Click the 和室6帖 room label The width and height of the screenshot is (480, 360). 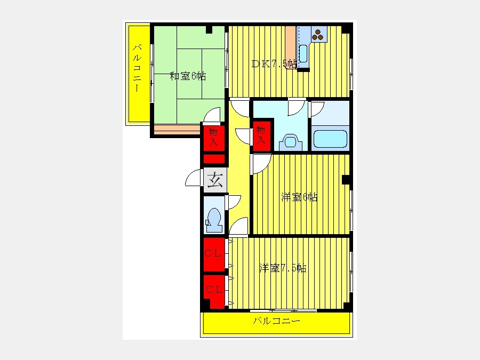[x=188, y=76]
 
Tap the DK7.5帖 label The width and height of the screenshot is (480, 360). [x=274, y=63]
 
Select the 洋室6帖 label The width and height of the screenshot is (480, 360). [x=299, y=197]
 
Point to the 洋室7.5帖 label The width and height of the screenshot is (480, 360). [x=282, y=268]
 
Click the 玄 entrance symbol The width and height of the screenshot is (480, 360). [x=215, y=180]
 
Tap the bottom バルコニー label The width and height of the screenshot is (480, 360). [x=276, y=321]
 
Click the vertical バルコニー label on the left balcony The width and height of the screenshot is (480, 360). [x=137, y=68]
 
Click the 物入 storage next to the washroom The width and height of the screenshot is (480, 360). [x=261, y=135]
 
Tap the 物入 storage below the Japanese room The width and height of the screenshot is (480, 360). [x=214, y=138]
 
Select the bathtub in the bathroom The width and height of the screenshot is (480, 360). [x=330, y=139]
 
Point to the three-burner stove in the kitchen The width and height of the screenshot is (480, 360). [x=318, y=35]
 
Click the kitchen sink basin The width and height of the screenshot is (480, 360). [x=303, y=53]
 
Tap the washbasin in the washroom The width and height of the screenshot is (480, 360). [x=291, y=142]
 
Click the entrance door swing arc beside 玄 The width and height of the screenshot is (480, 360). [x=194, y=178]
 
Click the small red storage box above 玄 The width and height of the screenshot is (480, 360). [x=214, y=159]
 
